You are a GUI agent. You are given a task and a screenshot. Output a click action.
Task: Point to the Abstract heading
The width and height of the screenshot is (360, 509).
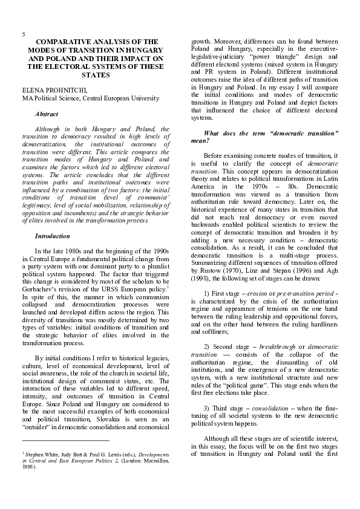(47, 113)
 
